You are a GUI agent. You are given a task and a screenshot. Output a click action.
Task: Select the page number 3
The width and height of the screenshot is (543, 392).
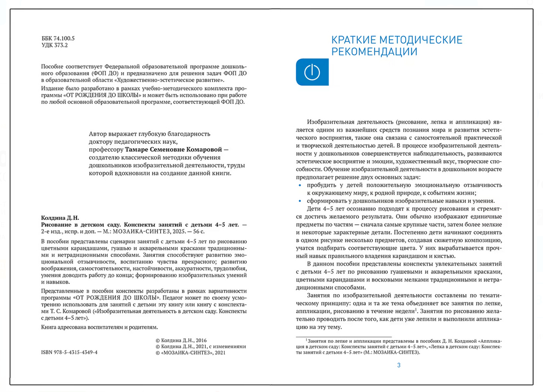[399, 365]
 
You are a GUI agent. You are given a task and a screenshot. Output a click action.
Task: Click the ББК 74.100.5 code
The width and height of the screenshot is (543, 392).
[58, 39]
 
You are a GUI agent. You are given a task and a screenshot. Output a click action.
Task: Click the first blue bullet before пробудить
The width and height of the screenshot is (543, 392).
[299, 186]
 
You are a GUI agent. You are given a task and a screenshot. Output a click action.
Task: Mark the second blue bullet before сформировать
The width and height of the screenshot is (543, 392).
[299, 201]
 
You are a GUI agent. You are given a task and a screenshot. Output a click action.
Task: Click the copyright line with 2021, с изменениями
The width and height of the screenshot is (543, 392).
[201, 347]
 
